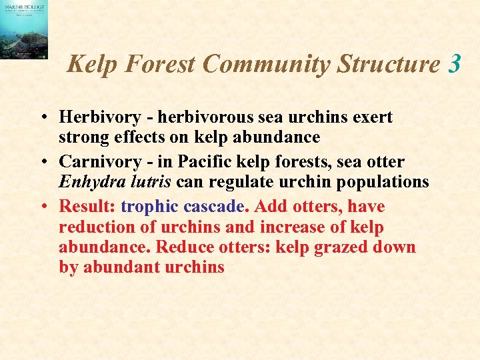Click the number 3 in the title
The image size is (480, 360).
455,65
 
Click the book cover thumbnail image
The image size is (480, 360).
24,30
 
